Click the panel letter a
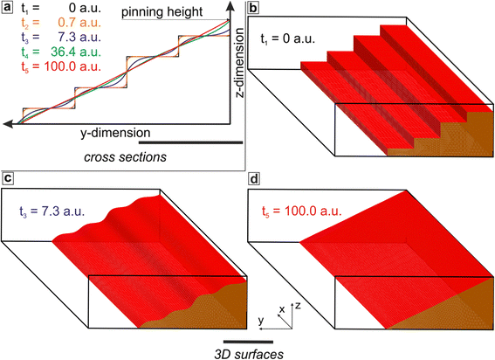pos(7,8)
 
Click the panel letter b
pos(253,8)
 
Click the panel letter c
pos(7,178)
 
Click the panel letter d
pos(253,179)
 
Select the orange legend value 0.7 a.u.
pos(79,23)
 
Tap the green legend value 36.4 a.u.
pos(75,52)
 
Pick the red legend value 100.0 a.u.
pos(72,66)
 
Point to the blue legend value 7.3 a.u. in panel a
pos(79,37)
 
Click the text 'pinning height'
pos(162,12)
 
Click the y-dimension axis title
pos(115,133)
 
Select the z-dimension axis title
pos(240,63)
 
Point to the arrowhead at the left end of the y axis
pos(8,124)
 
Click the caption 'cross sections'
pos(125,157)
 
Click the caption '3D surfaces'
pos(249,354)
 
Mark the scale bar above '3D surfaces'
pos(248,342)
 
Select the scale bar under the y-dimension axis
pos(190,142)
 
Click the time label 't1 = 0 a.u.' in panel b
pos(287,39)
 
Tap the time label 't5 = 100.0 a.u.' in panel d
pos(302,211)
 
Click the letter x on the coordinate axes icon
pos(282,309)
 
